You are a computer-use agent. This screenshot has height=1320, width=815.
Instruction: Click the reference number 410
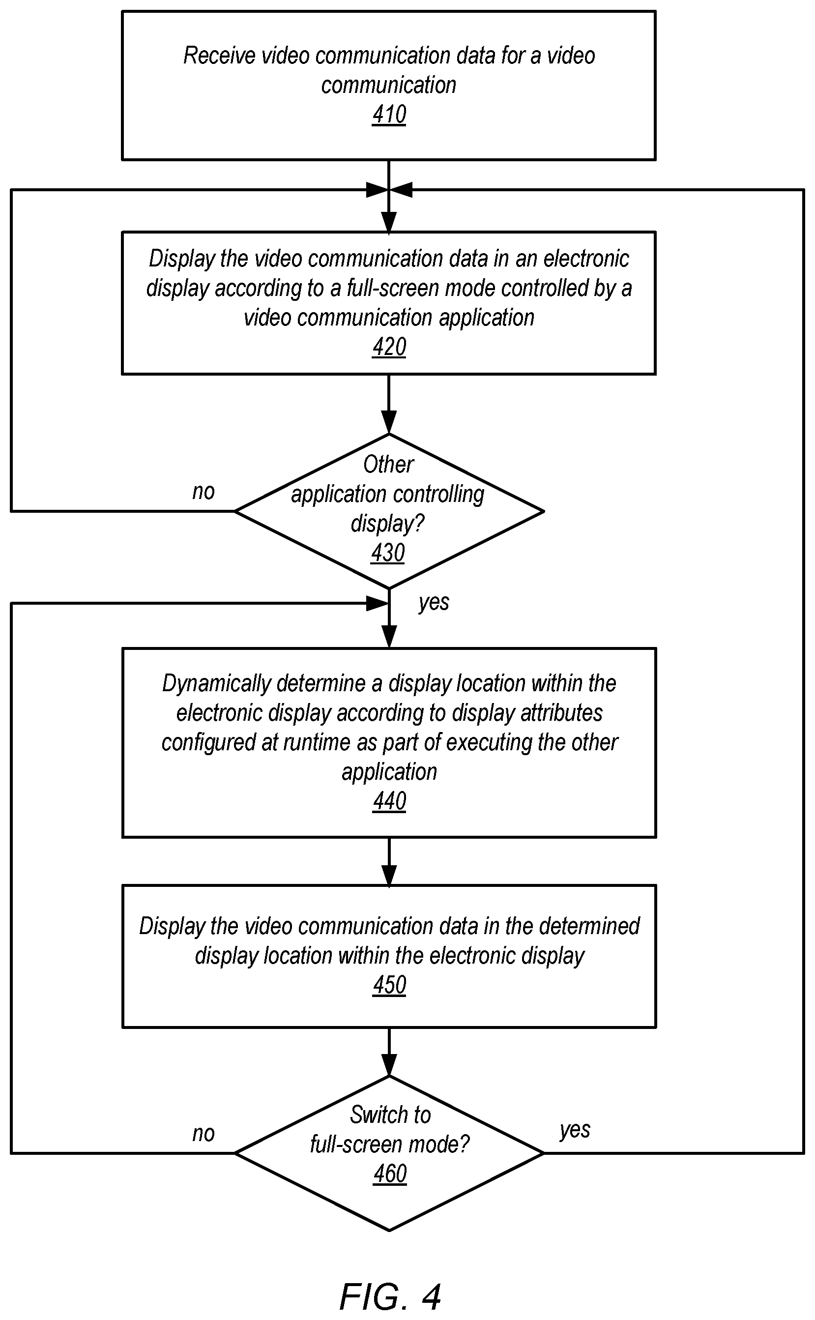click(389, 115)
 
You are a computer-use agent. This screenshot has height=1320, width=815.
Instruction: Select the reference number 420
click(389, 347)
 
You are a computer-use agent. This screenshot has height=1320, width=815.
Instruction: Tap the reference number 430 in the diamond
click(387, 553)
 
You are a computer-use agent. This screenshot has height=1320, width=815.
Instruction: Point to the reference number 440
click(389, 801)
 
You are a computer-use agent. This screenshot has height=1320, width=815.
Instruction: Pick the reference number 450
click(389, 985)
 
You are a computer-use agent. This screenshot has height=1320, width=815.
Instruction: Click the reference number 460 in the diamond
click(390, 1174)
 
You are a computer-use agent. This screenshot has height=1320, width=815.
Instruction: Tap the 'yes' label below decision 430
click(434, 603)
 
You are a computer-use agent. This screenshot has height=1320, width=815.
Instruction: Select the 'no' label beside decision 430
click(203, 492)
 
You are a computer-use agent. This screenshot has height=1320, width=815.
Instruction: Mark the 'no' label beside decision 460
click(203, 1134)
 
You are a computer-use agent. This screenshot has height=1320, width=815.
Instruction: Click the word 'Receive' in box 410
click(219, 56)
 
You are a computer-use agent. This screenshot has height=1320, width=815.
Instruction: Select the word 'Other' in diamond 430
click(389, 465)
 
